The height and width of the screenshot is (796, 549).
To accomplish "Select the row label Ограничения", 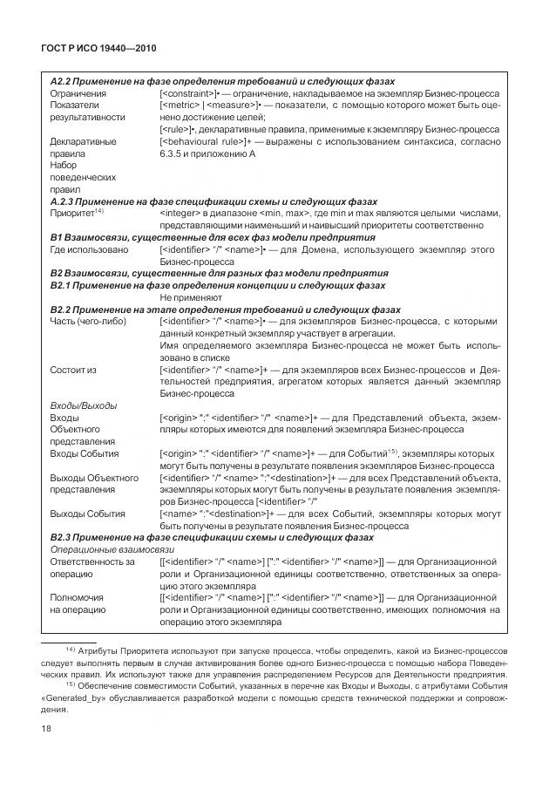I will (x=78, y=92).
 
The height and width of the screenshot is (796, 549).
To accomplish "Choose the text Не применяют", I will (x=192, y=296).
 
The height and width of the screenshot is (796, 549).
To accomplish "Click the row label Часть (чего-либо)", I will (x=88, y=321).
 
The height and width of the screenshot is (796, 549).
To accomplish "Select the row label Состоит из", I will (x=73, y=370).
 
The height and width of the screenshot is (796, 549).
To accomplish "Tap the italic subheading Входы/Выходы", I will (x=84, y=405).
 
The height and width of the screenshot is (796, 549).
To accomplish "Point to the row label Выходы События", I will (x=91, y=514).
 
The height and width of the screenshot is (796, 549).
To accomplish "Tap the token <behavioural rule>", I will (x=204, y=140).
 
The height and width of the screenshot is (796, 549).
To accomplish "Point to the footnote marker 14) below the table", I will (x=71, y=650).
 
